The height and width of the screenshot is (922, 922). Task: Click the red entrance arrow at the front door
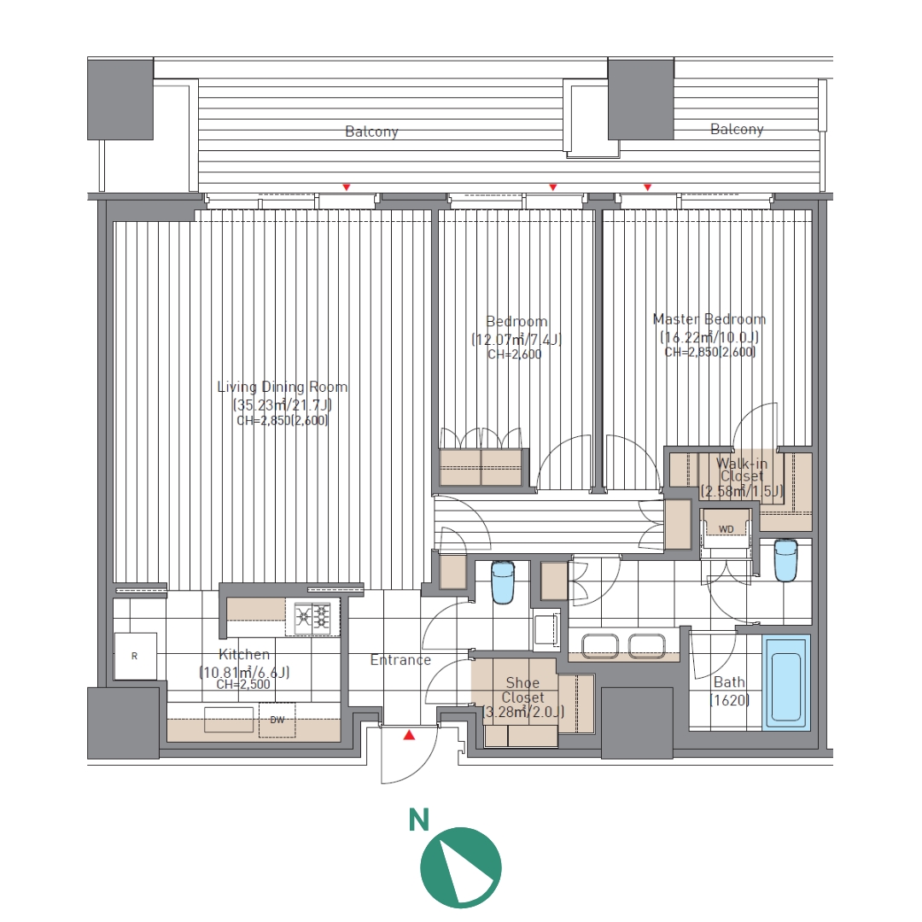[409, 735]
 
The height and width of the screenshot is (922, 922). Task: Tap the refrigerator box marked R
[135, 656]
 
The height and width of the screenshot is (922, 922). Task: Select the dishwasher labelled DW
[277, 720]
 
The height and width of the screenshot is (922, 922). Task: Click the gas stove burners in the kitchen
[312, 616]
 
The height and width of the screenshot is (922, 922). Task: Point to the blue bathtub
[786, 682]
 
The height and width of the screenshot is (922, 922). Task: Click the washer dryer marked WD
[727, 528]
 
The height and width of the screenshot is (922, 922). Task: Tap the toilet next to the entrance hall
[502, 582]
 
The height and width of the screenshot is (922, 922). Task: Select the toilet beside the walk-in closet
[785, 560]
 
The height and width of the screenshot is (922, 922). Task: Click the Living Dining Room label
[283, 387]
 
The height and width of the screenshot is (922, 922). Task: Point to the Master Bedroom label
[709, 319]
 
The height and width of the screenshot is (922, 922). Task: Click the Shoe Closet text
[522, 690]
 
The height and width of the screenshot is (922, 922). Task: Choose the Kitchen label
[244, 655]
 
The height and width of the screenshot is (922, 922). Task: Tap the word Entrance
[400, 660]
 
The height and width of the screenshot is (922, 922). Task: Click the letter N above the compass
[418, 820]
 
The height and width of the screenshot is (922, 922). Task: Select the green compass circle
[461, 867]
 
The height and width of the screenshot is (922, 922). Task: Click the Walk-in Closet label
[742, 470]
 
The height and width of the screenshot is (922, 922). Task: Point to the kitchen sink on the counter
[229, 720]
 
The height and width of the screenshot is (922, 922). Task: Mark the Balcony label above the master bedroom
[737, 130]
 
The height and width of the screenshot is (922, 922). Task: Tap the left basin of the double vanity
[600, 645]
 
